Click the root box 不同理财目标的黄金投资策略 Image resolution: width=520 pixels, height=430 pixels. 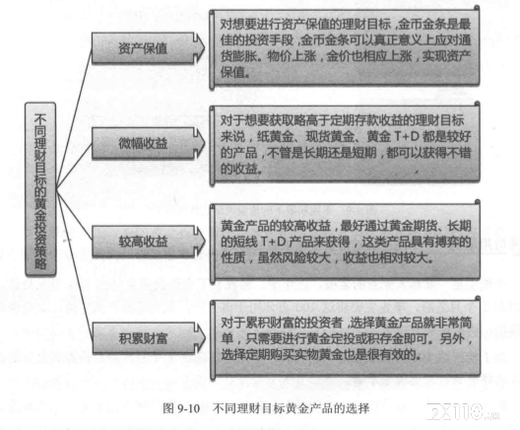pyautogui.click(x=40, y=189)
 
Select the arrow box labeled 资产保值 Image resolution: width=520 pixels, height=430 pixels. pyautogui.click(x=148, y=48)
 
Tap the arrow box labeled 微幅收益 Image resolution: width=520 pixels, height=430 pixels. pyautogui.click(x=148, y=143)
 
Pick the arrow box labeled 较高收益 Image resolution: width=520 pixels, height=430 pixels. pyautogui.click(x=149, y=241)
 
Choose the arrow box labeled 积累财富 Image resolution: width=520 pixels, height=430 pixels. pyautogui.click(x=149, y=338)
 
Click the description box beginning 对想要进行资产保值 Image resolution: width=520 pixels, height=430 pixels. pyautogui.click(x=345, y=48)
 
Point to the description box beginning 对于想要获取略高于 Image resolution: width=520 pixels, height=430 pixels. pyautogui.click(x=345, y=144)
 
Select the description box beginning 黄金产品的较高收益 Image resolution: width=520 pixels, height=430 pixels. pyautogui.click(x=345, y=242)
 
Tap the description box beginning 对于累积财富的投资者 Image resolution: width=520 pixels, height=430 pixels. pyautogui.click(x=346, y=338)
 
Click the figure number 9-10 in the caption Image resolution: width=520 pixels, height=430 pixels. pyautogui.click(x=188, y=408)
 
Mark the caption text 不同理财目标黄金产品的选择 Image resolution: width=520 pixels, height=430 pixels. pyautogui.click(x=291, y=408)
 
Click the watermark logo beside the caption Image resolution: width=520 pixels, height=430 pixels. pyautogui.click(x=463, y=411)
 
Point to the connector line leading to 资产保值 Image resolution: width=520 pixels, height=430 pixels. pyautogui.click(x=74, y=118)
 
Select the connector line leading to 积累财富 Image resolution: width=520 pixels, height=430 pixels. pyautogui.click(x=74, y=264)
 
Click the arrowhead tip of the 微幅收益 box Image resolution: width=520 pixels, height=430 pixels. pyautogui.click(x=205, y=143)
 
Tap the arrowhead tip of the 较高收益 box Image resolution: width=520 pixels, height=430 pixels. pyautogui.click(x=205, y=241)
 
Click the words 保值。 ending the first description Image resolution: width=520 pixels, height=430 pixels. pyautogui.click(x=235, y=72)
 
